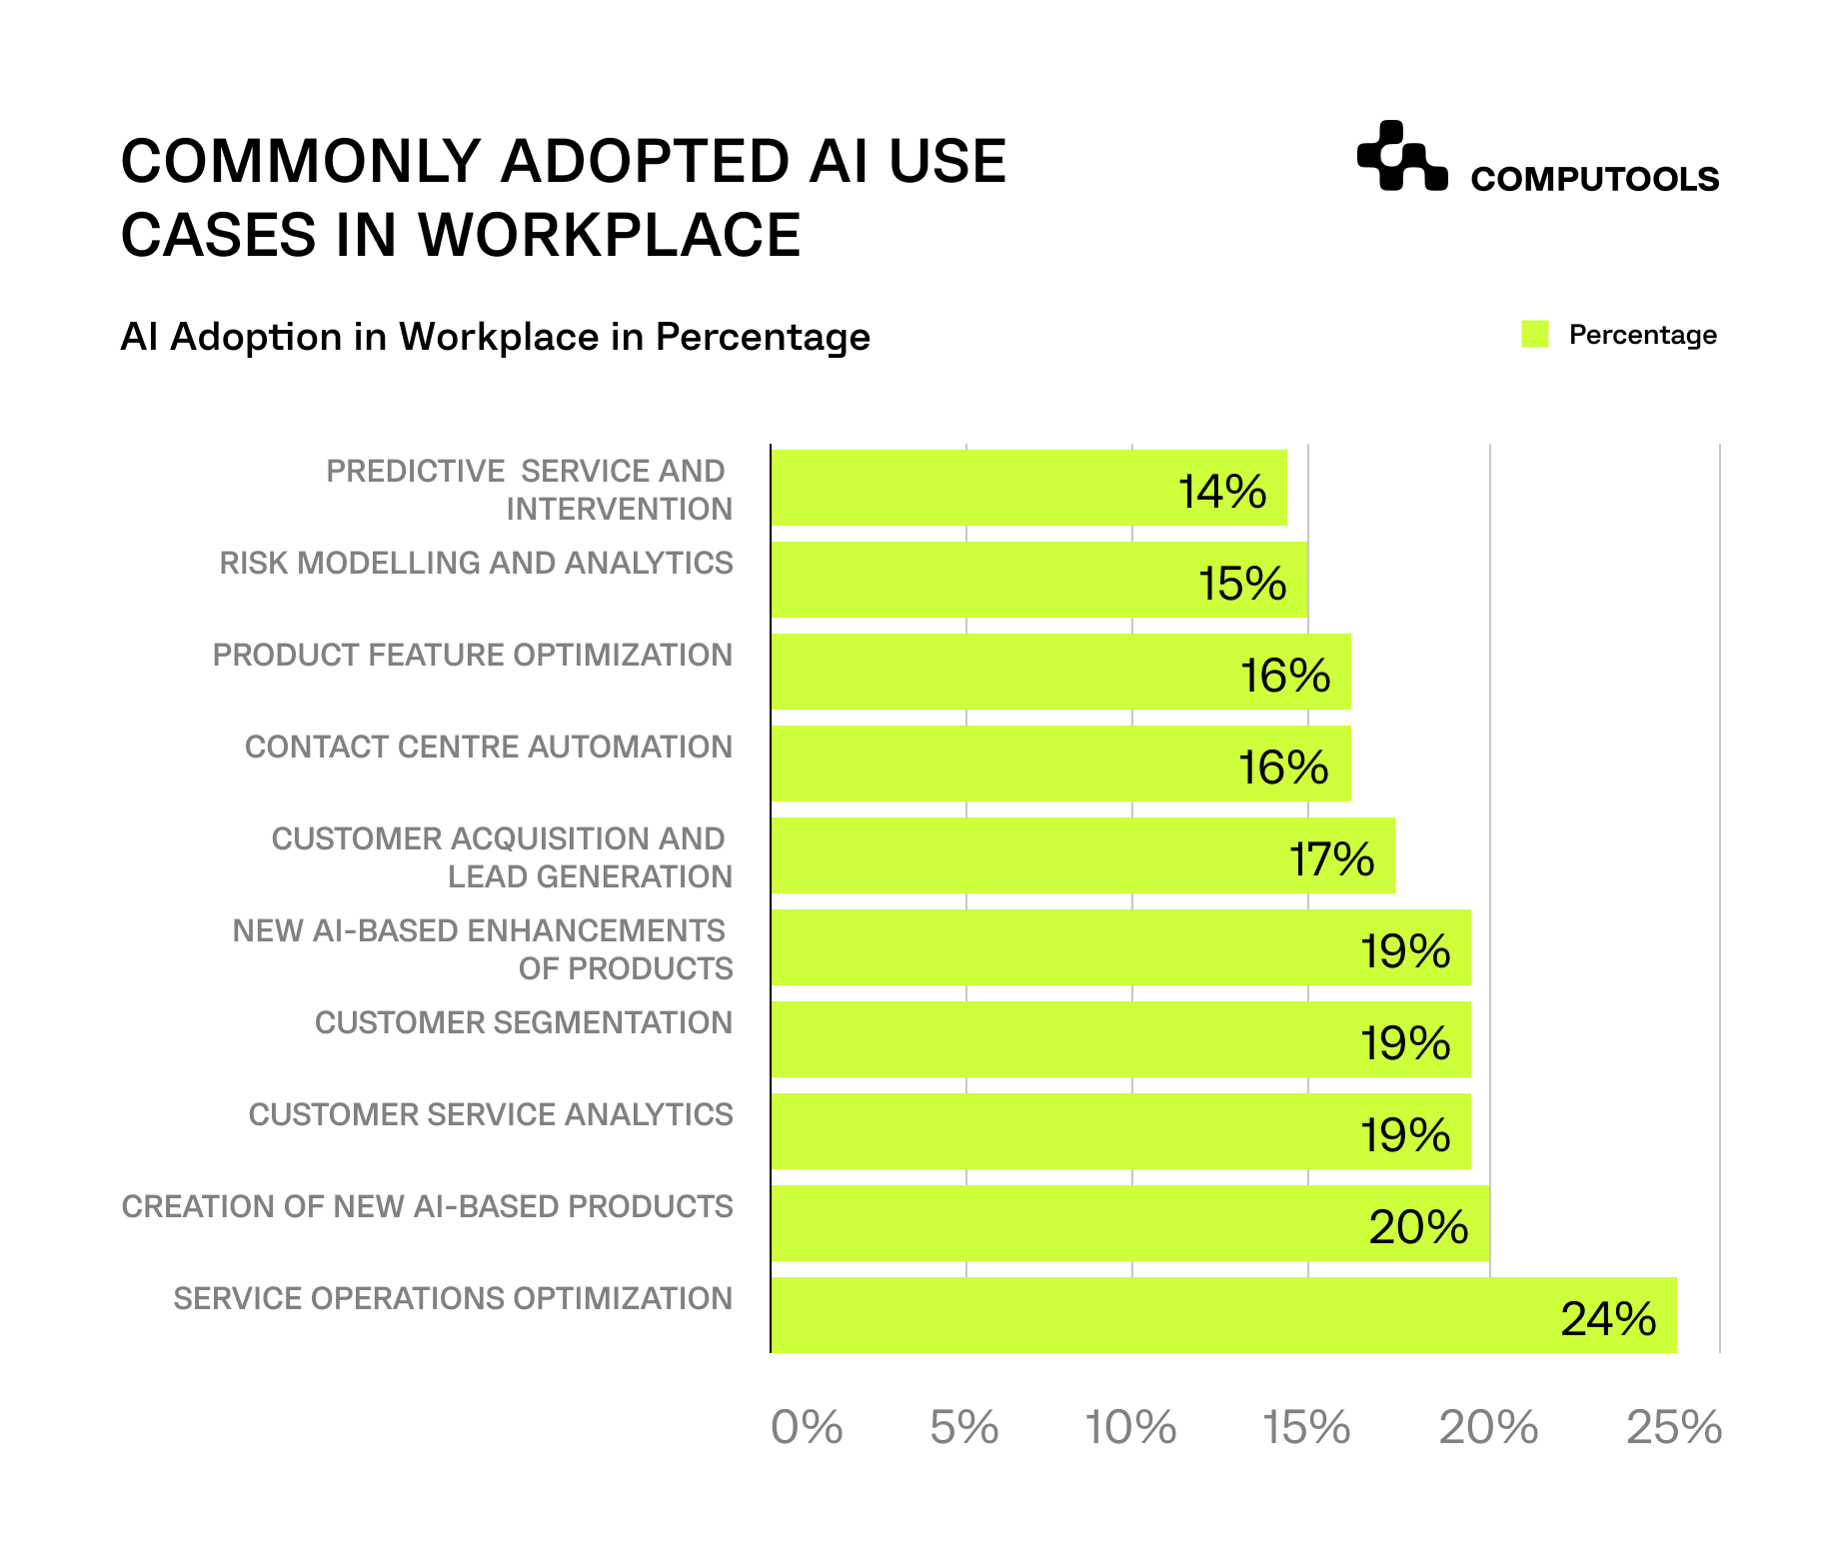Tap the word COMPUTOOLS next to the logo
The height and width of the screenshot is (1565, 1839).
(x=1594, y=179)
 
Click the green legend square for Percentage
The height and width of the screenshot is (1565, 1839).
(x=1534, y=335)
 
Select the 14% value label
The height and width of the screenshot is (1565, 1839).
(x=1221, y=492)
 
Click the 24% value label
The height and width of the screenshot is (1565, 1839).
(x=1607, y=1319)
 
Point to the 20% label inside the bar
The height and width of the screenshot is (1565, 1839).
(x=1417, y=1227)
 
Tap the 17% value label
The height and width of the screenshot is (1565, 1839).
(x=1331, y=859)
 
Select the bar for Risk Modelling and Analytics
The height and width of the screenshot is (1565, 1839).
(x=1039, y=580)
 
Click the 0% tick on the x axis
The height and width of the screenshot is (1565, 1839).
(x=807, y=1427)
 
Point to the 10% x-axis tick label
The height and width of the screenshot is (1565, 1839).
(x=1130, y=1427)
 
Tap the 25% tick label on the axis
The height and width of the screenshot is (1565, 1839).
(x=1674, y=1427)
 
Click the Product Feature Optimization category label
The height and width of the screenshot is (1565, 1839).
(x=473, y=656)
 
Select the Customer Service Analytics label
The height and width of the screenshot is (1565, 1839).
(x=491, y=1115)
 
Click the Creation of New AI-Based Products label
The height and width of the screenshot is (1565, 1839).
(x=428, y=1207)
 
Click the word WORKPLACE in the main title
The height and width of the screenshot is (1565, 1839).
(x=609, y=236)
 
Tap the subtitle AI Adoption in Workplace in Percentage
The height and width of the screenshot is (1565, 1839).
(x=495, y=337)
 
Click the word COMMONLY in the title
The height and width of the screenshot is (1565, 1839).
(x=301, y=162)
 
